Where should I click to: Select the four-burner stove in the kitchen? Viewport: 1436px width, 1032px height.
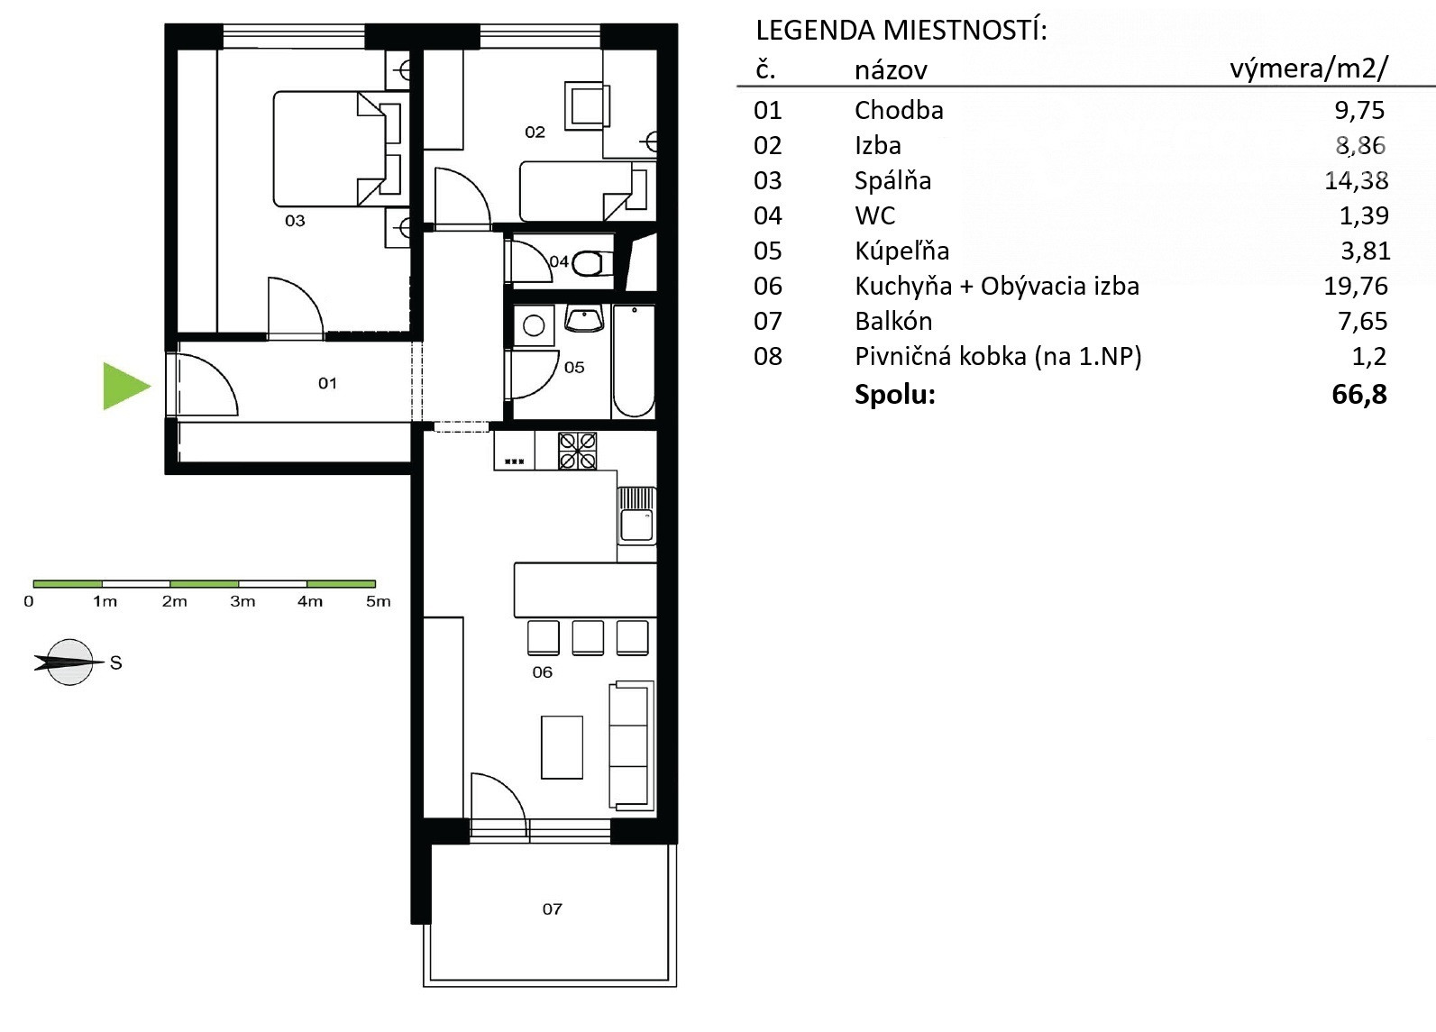(x=577, y=452)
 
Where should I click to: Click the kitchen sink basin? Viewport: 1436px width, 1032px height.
(x=636, y=526)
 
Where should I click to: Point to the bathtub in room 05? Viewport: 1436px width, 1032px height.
(x=634, y=361)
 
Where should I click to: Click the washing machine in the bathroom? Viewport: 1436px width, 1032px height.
(x=534, y=325)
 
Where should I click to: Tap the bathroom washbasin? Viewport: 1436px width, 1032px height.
(x=584, y=319)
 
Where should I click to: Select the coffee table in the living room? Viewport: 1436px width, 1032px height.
(x=562, y=747)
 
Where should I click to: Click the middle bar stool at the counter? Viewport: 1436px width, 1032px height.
(x=587, y=638)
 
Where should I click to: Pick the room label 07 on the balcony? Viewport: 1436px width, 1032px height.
(x=552, y=909)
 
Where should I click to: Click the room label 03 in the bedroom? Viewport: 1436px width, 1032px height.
(x=295, y=221)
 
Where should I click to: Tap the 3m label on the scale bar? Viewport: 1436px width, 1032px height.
(x=242, y=601)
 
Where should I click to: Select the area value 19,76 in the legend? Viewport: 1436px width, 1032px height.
(x=1356, y=286)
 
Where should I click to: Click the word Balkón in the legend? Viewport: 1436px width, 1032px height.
(x=893, y=321)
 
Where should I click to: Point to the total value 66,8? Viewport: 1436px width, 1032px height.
(x=1359, y=394)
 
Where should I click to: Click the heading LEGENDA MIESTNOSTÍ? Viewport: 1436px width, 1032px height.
(x=901, y=31)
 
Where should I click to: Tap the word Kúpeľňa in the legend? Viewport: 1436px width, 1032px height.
(x=901, y=251)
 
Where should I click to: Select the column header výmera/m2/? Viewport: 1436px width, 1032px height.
(x=1308, y=68)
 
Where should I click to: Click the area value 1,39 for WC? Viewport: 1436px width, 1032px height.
(x=1364, y=216)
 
